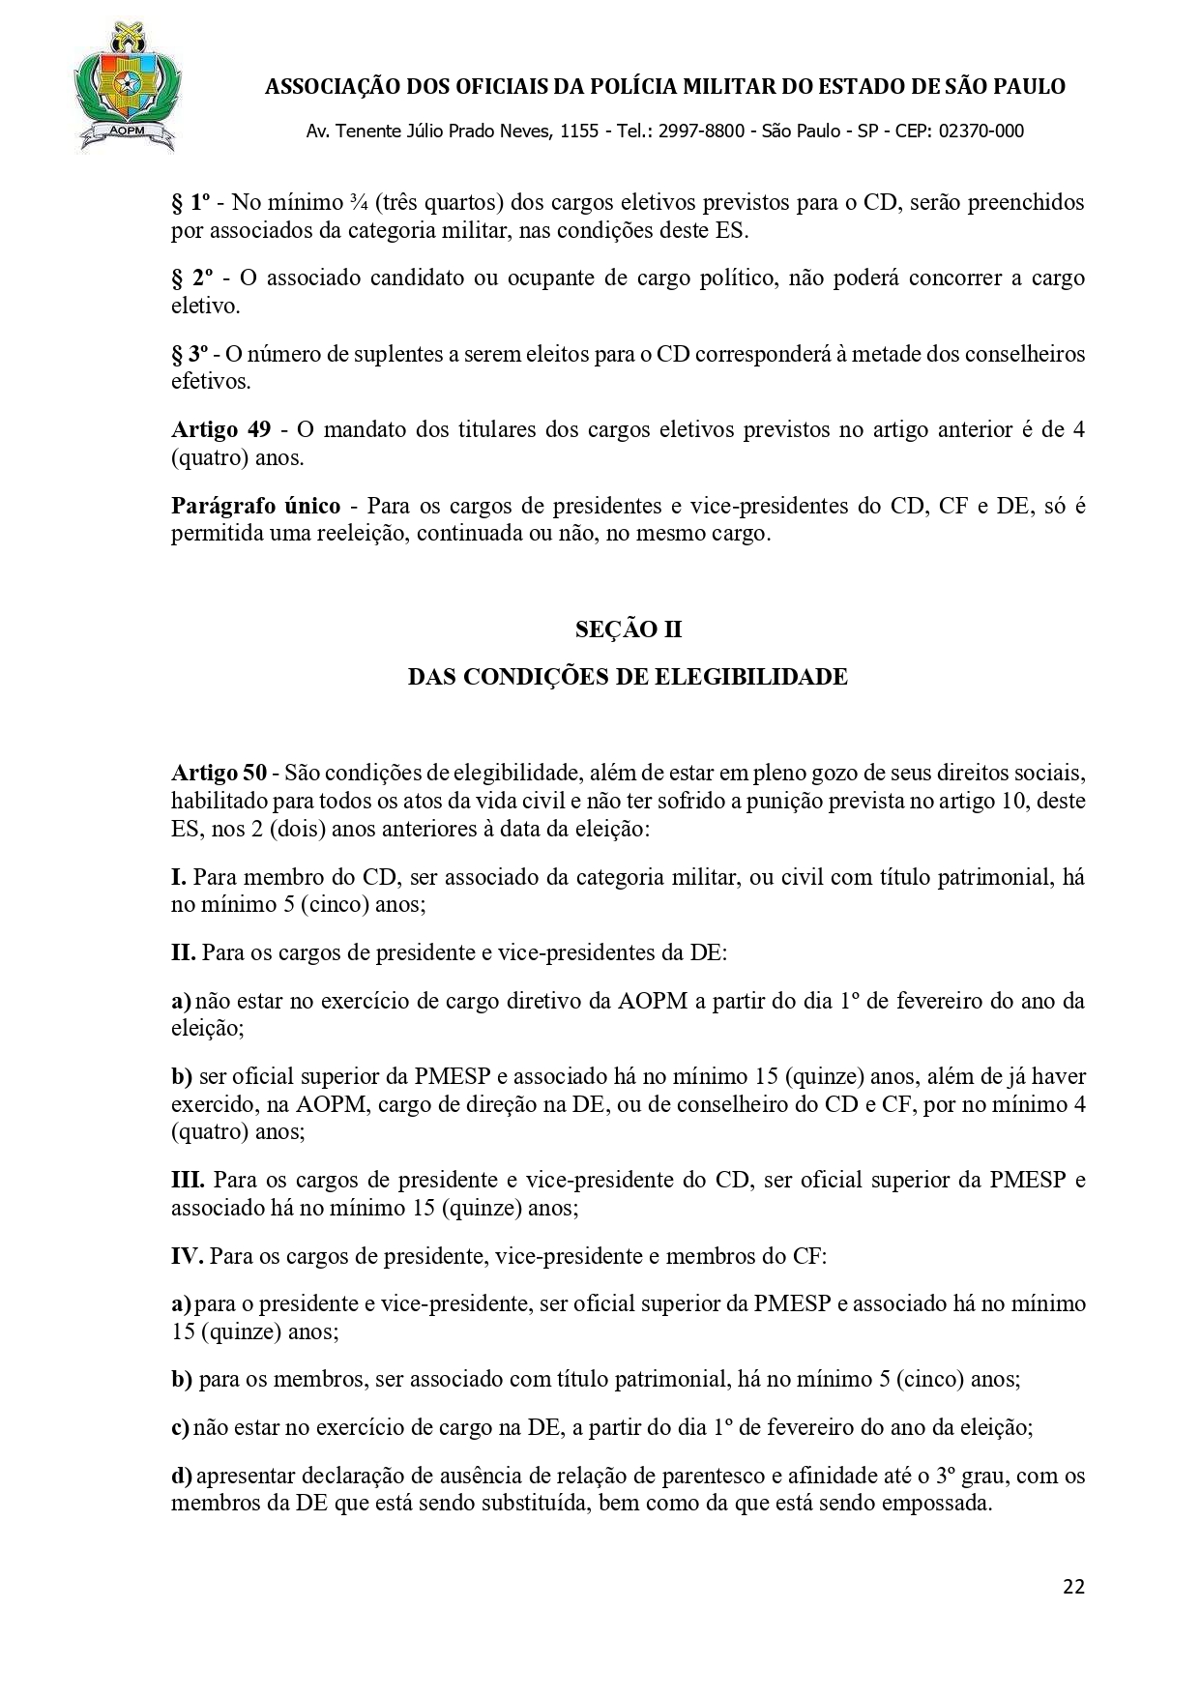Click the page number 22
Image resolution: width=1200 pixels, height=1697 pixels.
(1073, 1587)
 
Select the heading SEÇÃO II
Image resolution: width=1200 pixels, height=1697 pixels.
(629, 629)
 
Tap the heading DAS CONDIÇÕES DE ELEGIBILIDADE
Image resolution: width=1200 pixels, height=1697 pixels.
(628, 677)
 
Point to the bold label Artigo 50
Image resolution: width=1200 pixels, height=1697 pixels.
(219, 774)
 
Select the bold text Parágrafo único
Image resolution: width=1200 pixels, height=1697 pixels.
(255, 506)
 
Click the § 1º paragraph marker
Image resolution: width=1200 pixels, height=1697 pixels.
(190, 202)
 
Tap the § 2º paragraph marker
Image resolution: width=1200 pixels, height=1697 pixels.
(191, 278)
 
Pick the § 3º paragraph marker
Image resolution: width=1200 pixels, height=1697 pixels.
(190, 354)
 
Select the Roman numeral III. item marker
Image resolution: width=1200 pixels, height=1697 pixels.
(188, 1181)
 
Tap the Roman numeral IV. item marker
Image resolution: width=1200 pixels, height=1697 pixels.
(187, 1256)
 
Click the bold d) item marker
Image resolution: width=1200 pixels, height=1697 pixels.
(182, 1477)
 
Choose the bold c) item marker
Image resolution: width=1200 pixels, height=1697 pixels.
(181, 1427)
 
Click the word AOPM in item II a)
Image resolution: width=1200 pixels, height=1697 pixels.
(652, 1001)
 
